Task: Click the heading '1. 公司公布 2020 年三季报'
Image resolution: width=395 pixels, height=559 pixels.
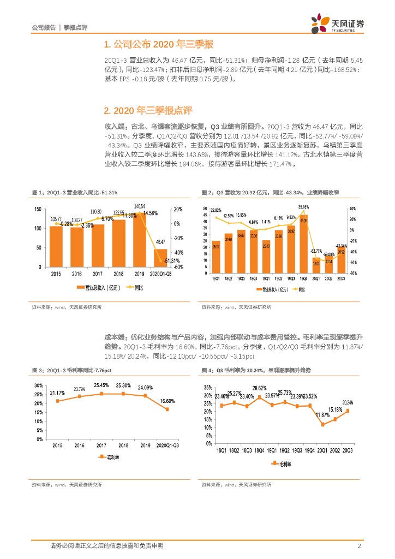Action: [x=158, y=44]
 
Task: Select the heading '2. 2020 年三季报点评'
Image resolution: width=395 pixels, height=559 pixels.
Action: [x=147, y=111]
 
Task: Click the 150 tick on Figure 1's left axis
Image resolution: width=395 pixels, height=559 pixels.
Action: [x=37, y=210]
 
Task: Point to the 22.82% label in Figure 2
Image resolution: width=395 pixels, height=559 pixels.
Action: [x=216, y=211]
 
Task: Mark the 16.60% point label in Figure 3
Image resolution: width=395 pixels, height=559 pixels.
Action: [x=167, y=401]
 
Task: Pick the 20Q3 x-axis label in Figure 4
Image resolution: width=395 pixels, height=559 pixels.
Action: [x=347, y=450]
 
